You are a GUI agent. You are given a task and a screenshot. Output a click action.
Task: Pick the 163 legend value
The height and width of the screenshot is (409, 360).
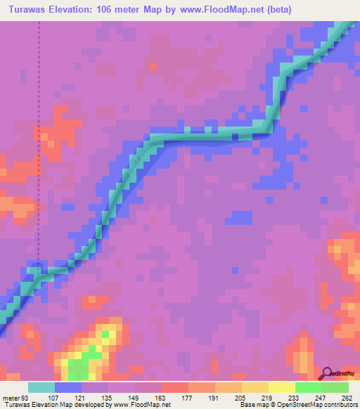[161, 398]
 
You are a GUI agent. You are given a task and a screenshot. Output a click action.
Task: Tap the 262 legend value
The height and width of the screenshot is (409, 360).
[347, 398]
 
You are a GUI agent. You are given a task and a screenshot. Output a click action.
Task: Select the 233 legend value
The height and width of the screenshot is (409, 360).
[295, 398]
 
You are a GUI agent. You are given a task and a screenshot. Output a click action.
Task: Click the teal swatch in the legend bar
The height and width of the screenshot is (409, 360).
[41, 387]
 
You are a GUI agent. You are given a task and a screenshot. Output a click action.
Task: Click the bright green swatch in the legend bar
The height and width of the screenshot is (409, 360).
[308, 387]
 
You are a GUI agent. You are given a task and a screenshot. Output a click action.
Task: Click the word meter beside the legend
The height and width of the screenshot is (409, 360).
[11, 398]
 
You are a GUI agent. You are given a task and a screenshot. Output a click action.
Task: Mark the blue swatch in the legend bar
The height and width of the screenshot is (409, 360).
[68, 387]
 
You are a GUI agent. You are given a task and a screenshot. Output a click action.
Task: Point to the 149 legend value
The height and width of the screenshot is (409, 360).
[134, 398]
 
